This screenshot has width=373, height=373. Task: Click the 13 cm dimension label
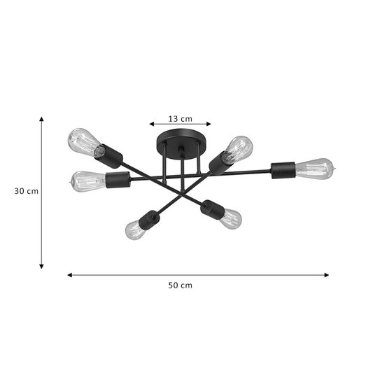click(x=180, y=119)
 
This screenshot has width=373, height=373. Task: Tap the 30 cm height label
click(x=27, y=191)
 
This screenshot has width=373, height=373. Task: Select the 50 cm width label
click(x=180, y=286)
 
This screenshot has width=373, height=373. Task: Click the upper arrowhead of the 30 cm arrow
click(x=41, y=119)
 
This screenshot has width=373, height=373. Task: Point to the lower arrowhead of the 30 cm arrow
click(x=41, y=267)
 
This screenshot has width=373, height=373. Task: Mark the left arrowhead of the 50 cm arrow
click(x=70, y=275)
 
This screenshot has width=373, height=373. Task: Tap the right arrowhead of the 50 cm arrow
click(x=327, y=275)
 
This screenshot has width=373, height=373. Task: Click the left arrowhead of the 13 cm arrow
click(x=152, y=124)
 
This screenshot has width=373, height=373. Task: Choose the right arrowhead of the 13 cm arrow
click(x=209, y=124)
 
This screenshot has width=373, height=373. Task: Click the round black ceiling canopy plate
click(x=181, y=143)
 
